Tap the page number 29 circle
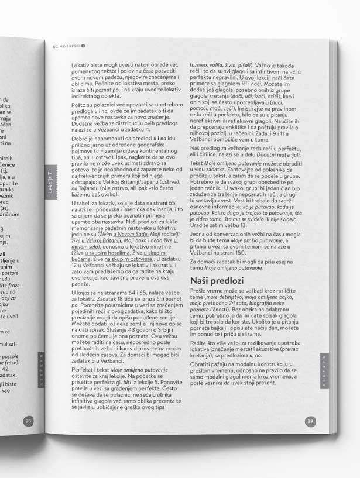point(311,421)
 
